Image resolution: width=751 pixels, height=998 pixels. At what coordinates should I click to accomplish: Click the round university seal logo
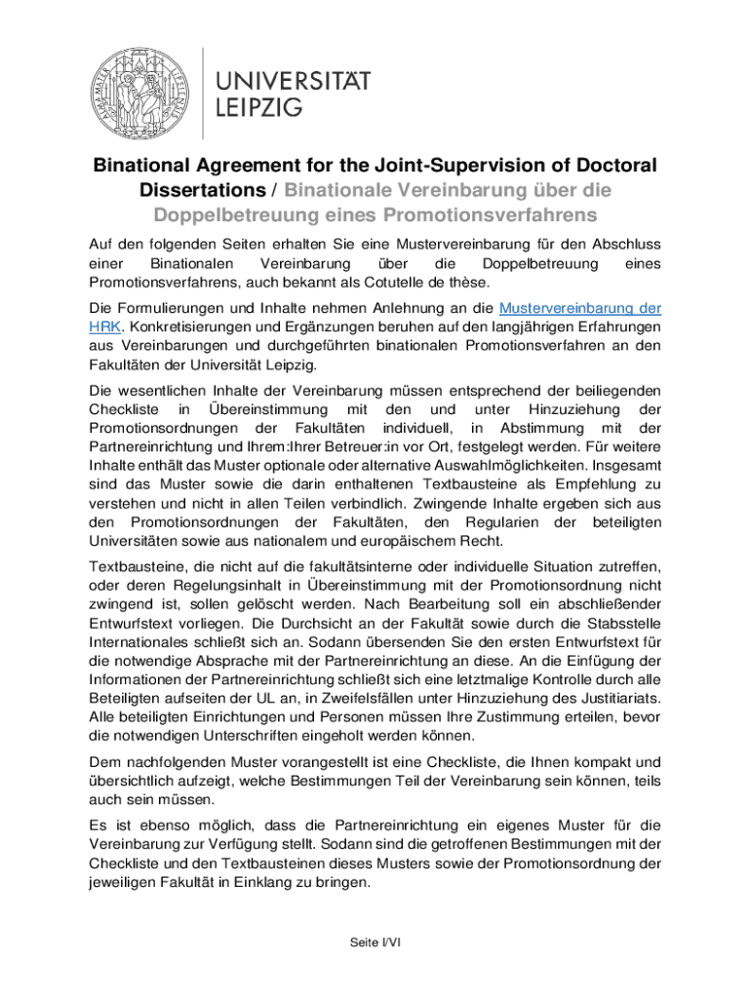(x=139, y=94)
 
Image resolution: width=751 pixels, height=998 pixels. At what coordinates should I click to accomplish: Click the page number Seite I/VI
(x=375, y=941)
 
